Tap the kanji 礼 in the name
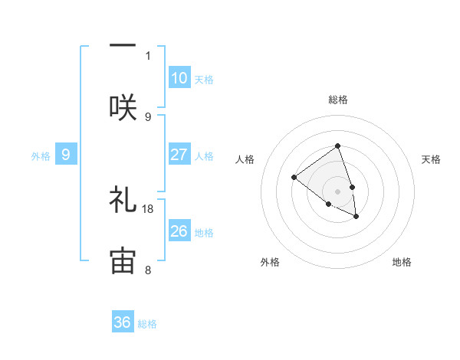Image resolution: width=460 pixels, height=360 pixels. click(x=123, y=201)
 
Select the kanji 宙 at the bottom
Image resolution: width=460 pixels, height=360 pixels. click(x=123, y=260)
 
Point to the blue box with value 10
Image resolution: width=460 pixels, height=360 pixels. click(x=179, y=78)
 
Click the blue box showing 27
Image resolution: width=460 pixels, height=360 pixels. click(x=179, y=155)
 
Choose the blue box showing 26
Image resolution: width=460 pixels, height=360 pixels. click(x=179, y=231)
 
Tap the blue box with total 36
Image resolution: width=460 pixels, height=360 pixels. click(x=123, y=322)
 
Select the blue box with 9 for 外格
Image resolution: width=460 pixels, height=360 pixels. click(x=66, y=155)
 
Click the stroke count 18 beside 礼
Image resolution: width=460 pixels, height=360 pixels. click(x=149, y=208)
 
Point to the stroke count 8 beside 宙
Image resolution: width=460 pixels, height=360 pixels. click(x=148, y=270)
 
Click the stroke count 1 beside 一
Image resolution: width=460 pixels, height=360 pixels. click(x=148, y=55)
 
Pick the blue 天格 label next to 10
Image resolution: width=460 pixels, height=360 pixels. click(x=204, y=80)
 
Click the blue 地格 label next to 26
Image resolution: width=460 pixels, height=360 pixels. click(x=204, y=233)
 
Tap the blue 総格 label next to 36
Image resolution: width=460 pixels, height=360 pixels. click(x=147, y=324)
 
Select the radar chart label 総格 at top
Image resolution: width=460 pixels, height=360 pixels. click(x=337, y=100)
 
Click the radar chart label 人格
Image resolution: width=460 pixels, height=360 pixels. click(x=245, y=159)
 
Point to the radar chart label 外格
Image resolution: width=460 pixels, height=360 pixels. click(x=270, y=262)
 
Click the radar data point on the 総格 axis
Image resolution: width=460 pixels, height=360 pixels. click(x=337, y=146)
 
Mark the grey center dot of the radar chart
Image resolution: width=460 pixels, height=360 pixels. click(x=337, y=191)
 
